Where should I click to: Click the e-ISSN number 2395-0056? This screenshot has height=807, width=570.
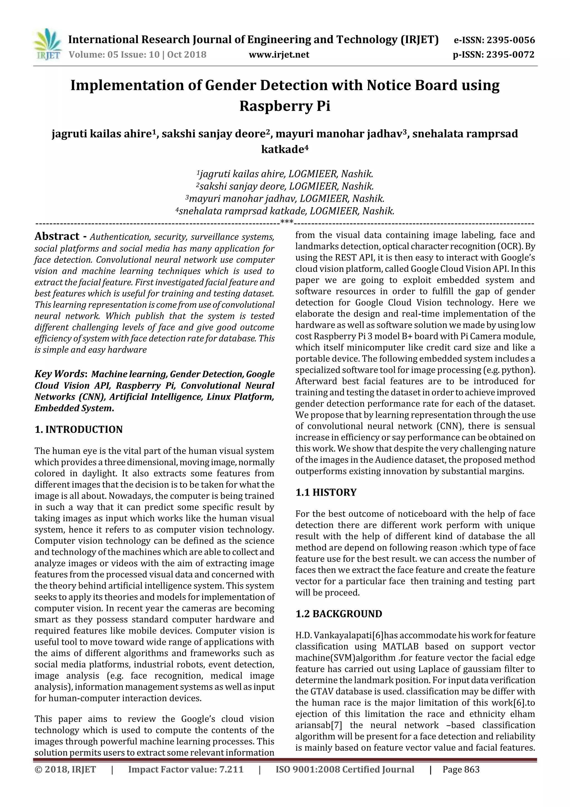click(x=510, y=40)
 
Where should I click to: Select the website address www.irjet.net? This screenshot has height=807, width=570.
click(x=279, y=55)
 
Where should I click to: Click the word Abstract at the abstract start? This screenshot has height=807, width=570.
click(x=57, y=236)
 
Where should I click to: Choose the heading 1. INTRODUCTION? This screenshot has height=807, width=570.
click(x=79, y=430)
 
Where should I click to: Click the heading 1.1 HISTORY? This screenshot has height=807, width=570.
click(x=326, y=493)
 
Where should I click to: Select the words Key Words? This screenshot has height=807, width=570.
click(x=60, y=374)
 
